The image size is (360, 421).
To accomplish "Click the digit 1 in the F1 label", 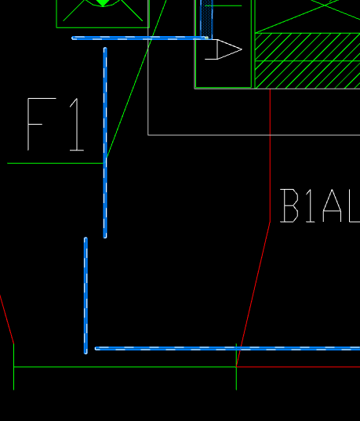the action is click(x=77, y=125).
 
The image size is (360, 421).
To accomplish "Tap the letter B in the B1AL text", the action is click(x=289, y=205).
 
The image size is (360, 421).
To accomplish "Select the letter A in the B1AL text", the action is click(x=333, y=205).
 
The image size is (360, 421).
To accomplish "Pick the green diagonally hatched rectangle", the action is click(x=307, y=60).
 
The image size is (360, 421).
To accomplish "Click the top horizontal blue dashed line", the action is click(x=140, y=38).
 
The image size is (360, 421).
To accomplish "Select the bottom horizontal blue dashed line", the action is click(x=227, y=348).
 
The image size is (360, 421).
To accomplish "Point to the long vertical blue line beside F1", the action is click(x=105, y=143).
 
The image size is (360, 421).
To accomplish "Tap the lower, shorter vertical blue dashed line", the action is click(x=85, y=296).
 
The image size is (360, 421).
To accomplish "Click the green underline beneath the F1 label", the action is click(x=56, y=163).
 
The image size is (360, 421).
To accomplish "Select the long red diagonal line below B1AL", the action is click(x=253, y=294).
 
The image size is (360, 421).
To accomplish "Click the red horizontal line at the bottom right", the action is click(x=298, y=366).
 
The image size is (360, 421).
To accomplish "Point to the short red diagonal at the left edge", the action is click(x=7, y=319).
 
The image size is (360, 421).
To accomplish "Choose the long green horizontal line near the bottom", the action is click(x=125, y=366).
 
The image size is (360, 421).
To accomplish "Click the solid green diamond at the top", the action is click(x=103, y=2).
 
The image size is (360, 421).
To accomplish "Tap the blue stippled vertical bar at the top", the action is click(x=206, y=19).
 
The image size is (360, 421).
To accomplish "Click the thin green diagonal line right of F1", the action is click(x=136, y=79).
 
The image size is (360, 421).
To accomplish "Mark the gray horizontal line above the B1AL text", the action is click(x=254, y=135).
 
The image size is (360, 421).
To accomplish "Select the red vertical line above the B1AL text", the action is click(x=270, y=155).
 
